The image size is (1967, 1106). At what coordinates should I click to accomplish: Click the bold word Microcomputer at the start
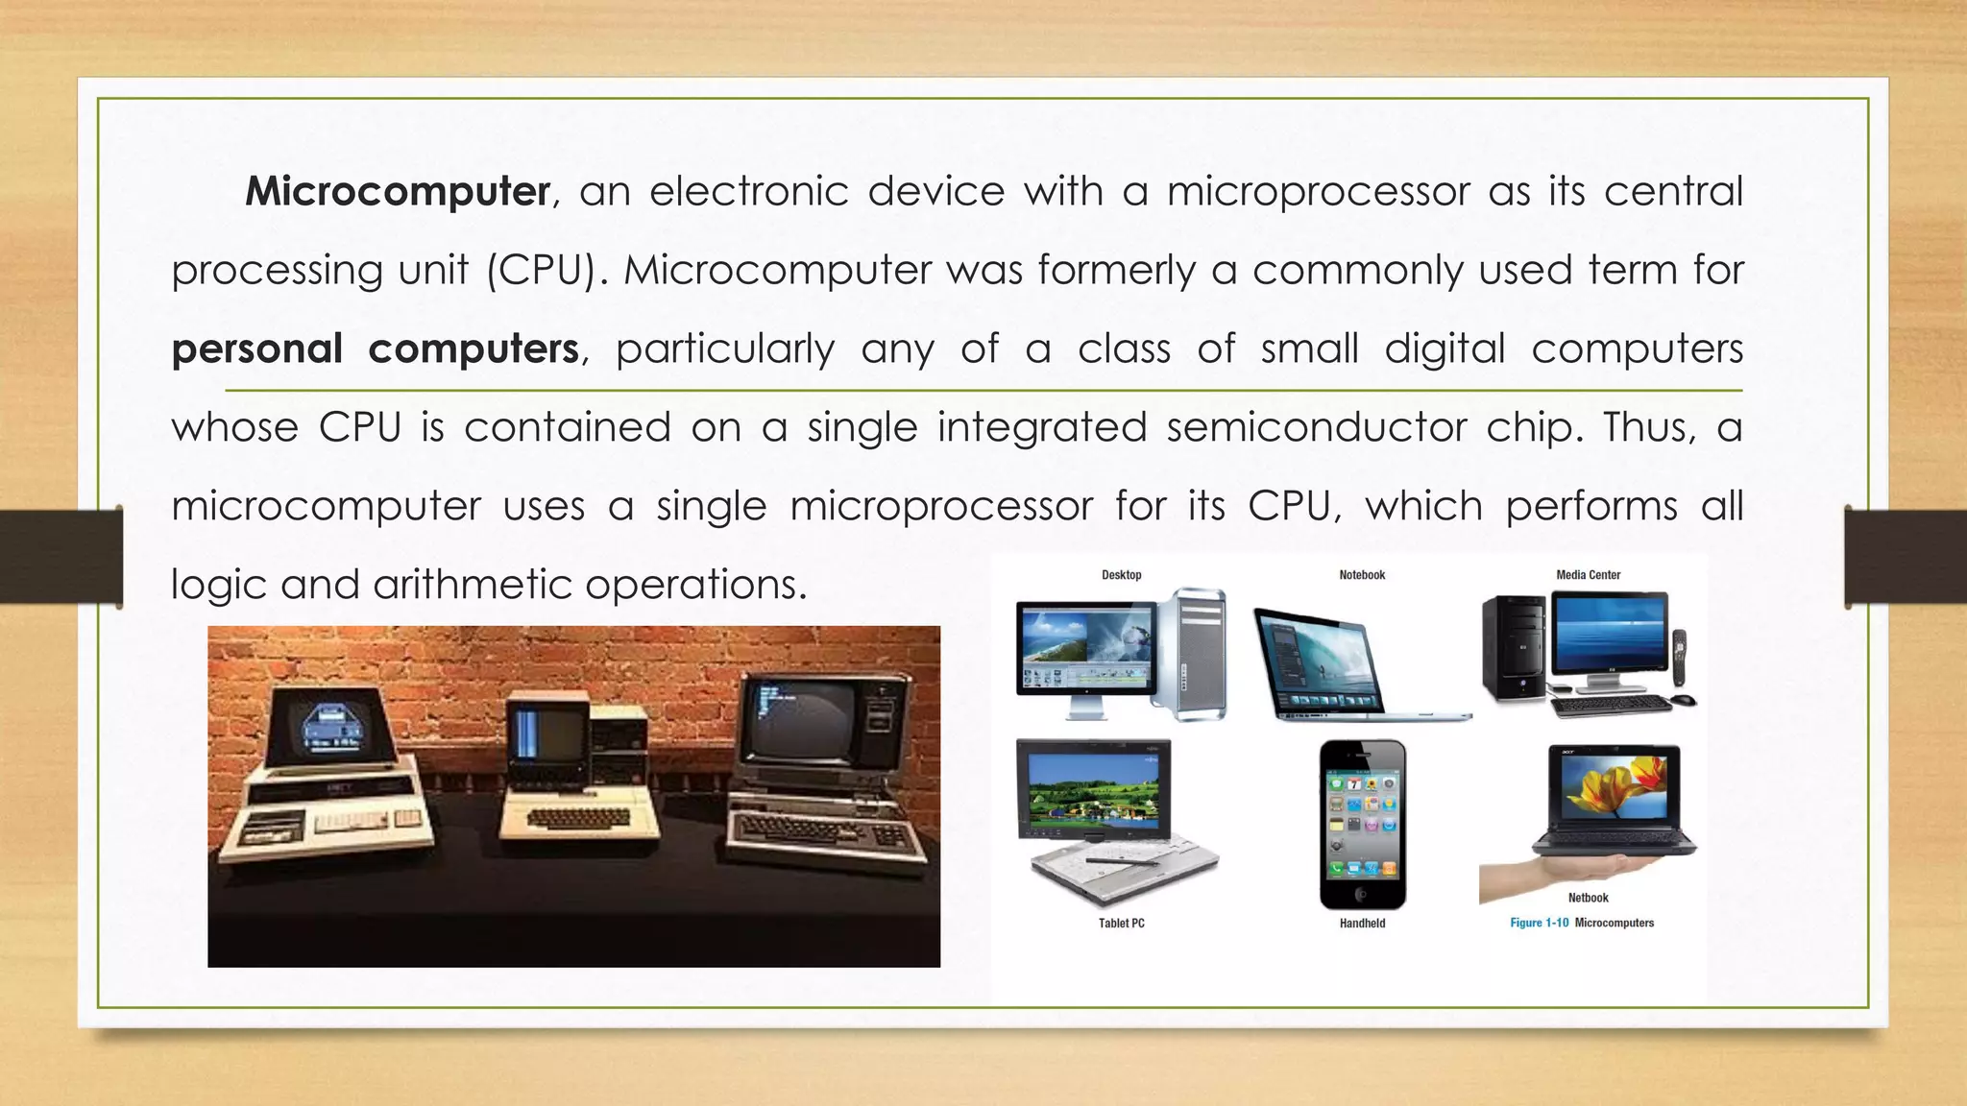click(x=397, y=191)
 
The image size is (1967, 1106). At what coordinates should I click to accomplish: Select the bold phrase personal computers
click(x=376, y=349)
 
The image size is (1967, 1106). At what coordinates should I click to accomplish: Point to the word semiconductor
click(x=1316, y=427)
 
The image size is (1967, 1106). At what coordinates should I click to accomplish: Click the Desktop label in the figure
click(x=1121, y=575)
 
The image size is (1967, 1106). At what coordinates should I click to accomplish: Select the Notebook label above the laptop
click(x=1362, y=575)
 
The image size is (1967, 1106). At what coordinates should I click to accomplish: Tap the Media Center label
click(x=1588, y=575)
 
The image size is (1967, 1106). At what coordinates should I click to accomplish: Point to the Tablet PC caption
click(x=1121, y=924)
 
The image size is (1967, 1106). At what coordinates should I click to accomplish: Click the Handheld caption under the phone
click(x=1362, y=924)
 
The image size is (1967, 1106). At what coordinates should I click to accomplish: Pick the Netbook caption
click(x=1588, y=898)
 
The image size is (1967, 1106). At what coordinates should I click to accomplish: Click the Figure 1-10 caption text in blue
click(x=1539, y=923)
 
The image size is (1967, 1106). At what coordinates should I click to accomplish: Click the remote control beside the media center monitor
click(x=1680, y=658)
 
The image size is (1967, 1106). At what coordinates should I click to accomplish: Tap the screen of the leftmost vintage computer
click(x=330, y=727)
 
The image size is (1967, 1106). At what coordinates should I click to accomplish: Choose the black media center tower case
click(x=1514, y=649)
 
